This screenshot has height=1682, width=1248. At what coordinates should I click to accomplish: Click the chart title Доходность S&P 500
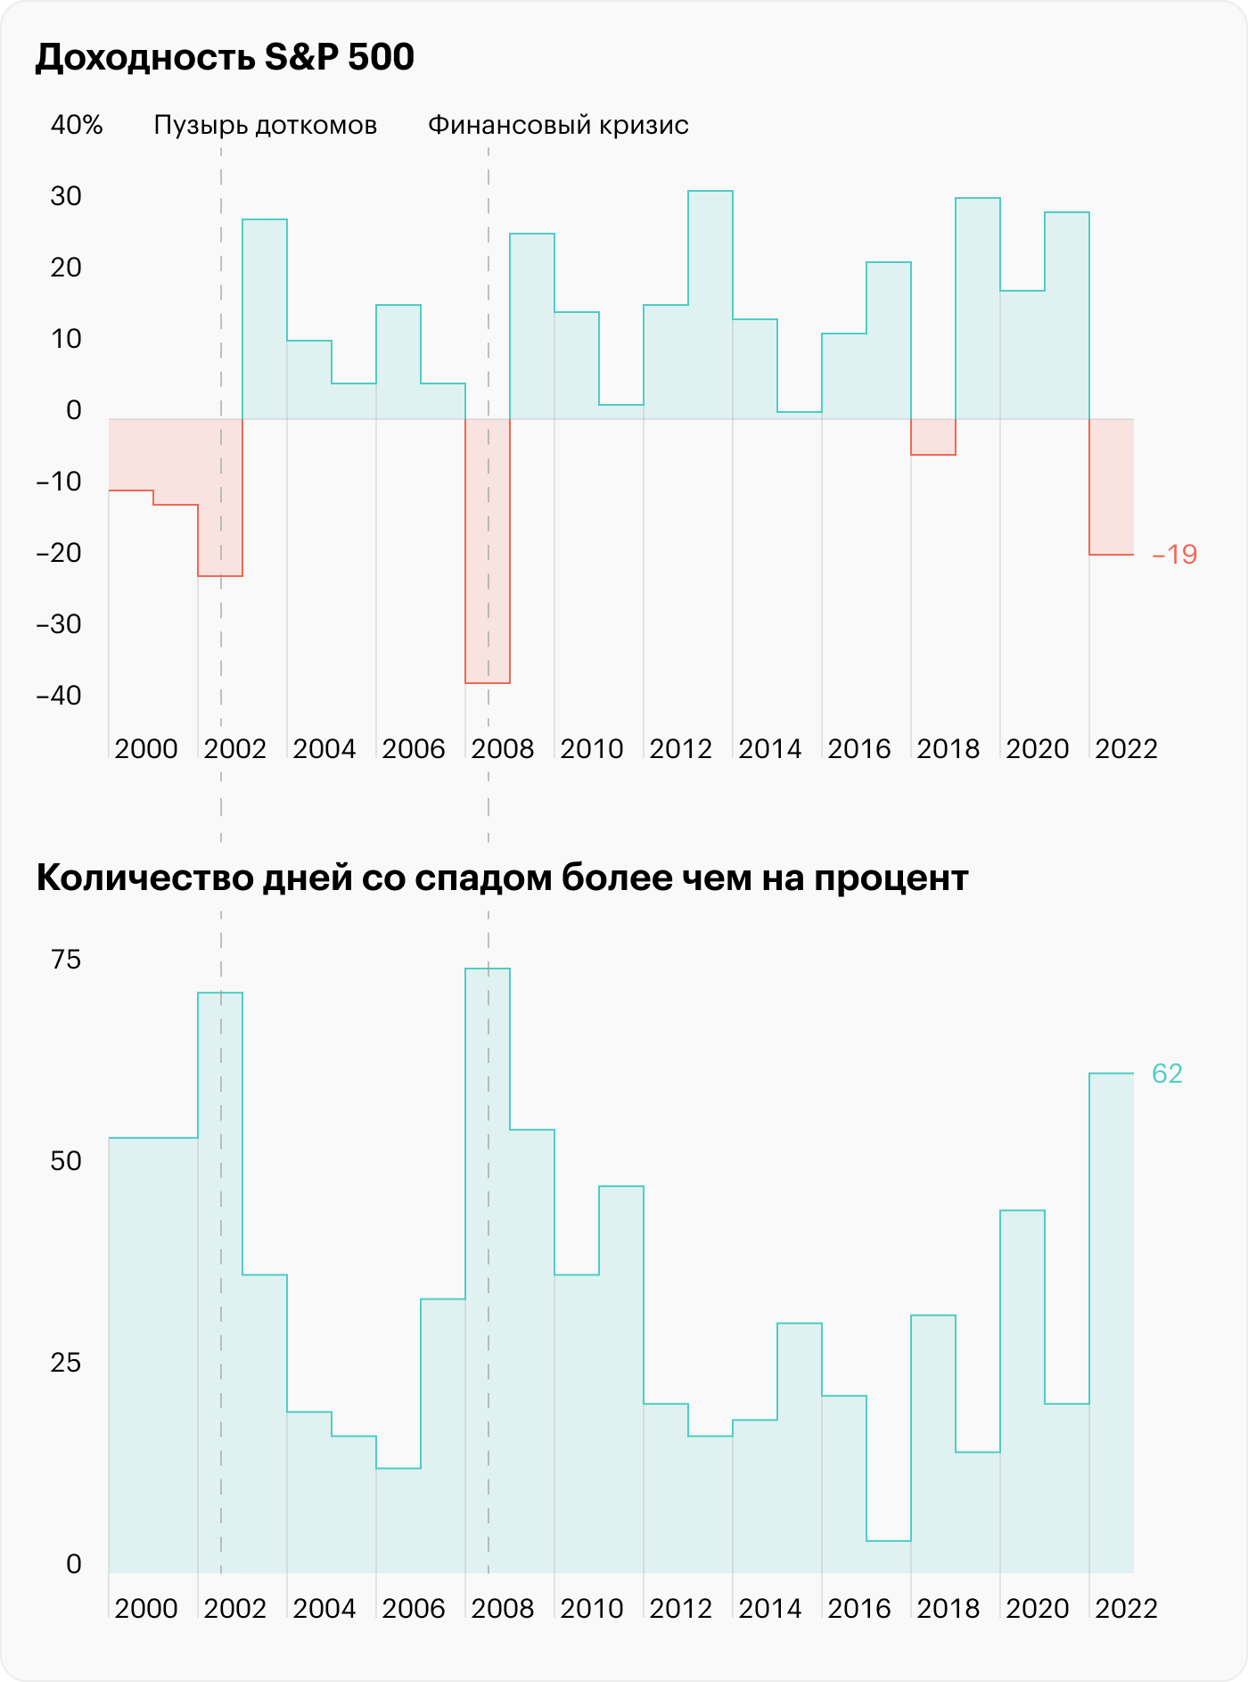[x=225, y=58]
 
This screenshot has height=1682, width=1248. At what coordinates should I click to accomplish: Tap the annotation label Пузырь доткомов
[x=265, y=126]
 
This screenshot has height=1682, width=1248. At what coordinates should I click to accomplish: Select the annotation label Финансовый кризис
[x=558, y=126]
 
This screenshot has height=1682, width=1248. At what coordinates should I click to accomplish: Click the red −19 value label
[x=1174, y=555]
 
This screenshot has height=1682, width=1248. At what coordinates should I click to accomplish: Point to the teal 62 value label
[x=1167, y=1074]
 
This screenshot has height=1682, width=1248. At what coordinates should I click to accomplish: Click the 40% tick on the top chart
[x=77, y=126]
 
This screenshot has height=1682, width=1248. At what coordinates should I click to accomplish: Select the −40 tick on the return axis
[x=59, y=696]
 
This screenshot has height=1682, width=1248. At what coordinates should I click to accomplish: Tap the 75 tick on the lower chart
[x=66, y=960]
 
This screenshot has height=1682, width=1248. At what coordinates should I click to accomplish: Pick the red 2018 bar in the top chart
[x=933, y=437]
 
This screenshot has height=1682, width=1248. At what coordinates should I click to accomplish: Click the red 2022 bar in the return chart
[x=1112, y=487]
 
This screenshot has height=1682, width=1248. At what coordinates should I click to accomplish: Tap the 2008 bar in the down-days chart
[x=488, y=1266]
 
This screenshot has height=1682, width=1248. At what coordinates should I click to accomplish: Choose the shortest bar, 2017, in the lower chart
[x=889, y=1555]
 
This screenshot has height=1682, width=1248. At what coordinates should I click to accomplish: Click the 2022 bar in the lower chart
[x=1112, y=1320]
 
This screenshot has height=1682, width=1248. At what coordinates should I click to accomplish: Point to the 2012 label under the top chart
[x=680, y=749]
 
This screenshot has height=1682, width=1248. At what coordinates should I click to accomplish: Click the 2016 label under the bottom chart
[x=858, y=1609]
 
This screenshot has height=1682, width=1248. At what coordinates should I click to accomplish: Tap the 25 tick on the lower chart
[x=66, y=1363]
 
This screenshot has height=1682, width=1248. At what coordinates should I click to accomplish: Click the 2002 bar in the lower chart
[x=220, y=1284]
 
